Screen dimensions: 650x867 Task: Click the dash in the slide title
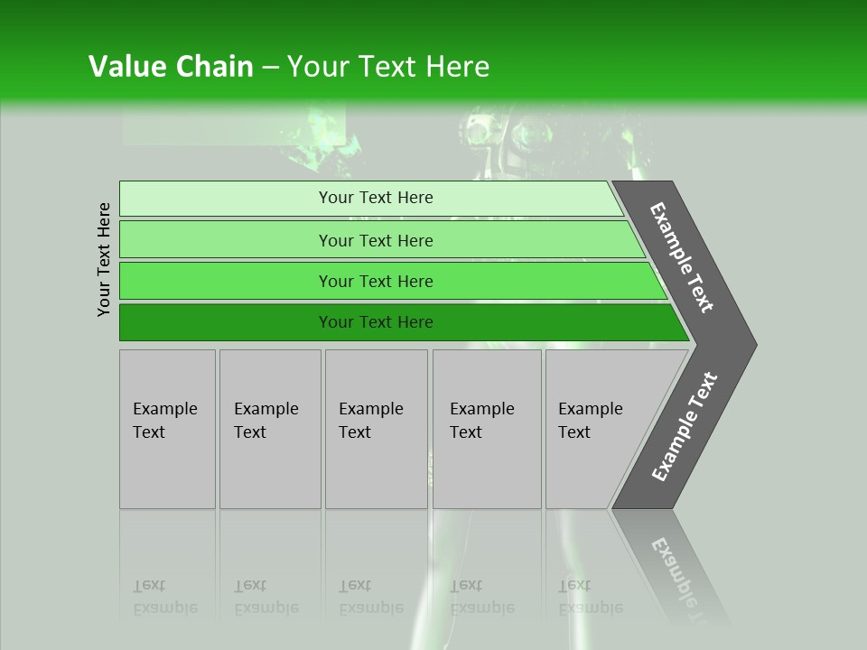pyautogui.click(x=270, y=68)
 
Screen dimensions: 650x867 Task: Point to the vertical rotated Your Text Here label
pyautogui.click(x=104, y=259)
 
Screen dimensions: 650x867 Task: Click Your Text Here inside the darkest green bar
pyautogui.click(x=376, y=322)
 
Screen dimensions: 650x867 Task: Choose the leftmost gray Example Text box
pyautogui.click(x=167, y=429)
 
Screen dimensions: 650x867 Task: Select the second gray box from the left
pyautogui.click(x=270, y=429)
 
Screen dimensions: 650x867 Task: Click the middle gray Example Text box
pyautogui.click(x=376, y=429)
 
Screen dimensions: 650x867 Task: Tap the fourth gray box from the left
pyautogui.click(x=487, y=429)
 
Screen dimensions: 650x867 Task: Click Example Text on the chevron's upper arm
pyautogui.click(x=683, y=258)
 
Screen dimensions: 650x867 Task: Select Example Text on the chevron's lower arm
pyautogui.click(x=685, y=426)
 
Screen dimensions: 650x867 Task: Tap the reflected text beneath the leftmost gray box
pyautogui.click(x=165, y=597)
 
